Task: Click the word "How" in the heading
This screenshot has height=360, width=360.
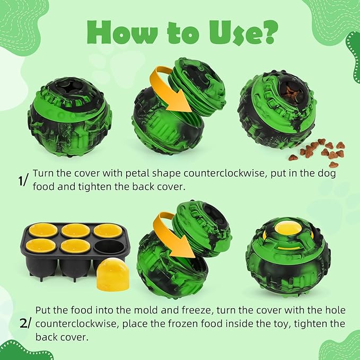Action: coord(122,32)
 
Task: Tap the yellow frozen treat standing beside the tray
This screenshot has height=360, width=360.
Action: coord(113,274)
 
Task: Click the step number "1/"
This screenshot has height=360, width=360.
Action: coord(23,180)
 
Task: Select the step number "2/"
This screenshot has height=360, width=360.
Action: coord(24,323)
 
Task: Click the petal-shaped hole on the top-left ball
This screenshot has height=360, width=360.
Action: coord(69,86)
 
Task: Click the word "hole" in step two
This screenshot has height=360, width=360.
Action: coord(336,310)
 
